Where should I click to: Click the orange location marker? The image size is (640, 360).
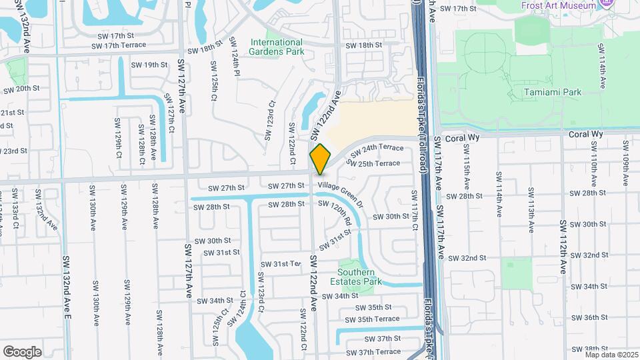tap(320, 158)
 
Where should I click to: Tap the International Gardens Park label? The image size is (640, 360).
tap(276, 47)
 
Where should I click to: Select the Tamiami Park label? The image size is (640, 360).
tap(552, 93)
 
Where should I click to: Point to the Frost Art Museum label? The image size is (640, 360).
tap(559, 5)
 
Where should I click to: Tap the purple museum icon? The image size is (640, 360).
tap(606, 3)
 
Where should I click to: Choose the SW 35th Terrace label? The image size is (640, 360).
tap(377, 319)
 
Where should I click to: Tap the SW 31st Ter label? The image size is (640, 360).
tap(281, 265)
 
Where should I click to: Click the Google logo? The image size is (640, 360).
tap(22, 351)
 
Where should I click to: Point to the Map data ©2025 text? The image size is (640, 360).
tap(611, 354)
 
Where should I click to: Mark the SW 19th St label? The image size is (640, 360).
tap(149, 65)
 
